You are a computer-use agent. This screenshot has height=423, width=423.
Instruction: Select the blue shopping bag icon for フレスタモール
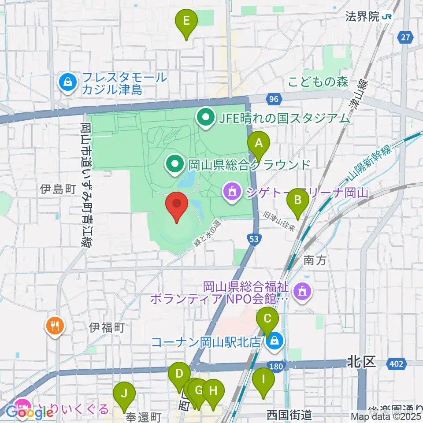tap(68, 82)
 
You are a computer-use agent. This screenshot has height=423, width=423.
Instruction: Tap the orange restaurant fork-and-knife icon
tap(55, 327)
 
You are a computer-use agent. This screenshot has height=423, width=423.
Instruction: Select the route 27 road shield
tap(405, 38)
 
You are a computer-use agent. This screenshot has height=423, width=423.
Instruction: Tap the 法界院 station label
tap(363, 17)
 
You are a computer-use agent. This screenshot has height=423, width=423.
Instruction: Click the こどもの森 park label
tap(319, 82)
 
